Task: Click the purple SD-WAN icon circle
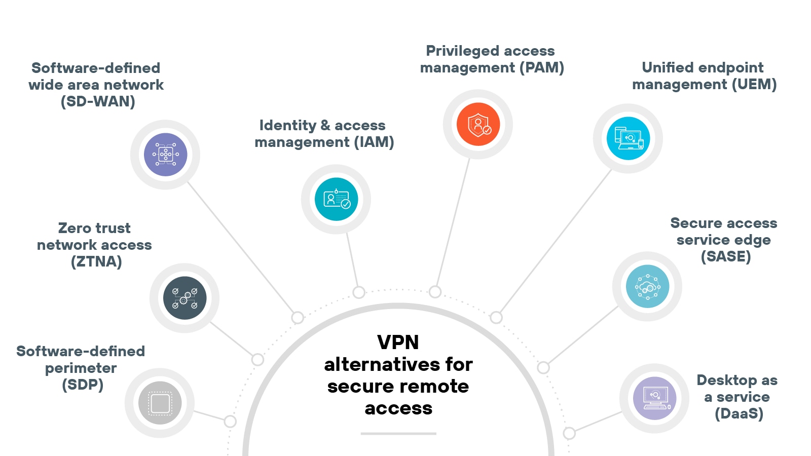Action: [x=165, y=155]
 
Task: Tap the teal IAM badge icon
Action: [x=336, y=199]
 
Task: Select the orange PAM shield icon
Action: [x=478, y=124]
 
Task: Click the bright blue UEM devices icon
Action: [x=628, y=138]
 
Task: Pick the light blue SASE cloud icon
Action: [x=647, y=286]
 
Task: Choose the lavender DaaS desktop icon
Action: [x=654, y=398]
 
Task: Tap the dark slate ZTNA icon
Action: [x=185, y=298]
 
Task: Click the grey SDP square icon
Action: [x=160, y=403]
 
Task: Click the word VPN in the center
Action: [x=398, y=343]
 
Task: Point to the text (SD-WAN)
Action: [x=98, y=101]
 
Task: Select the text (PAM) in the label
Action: [x=542, y=67]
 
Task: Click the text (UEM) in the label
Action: [x=754, y=84]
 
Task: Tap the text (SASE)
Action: [x=725, y=256]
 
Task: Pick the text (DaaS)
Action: [x=739, y=413]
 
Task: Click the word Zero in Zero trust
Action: [x=76, y=228]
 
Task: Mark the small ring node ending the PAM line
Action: [x=435, y=292]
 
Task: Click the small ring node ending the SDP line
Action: [x=230, y=422]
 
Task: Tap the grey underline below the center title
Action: [x=398, y=434]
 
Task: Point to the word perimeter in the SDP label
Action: [x=81, y=368]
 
